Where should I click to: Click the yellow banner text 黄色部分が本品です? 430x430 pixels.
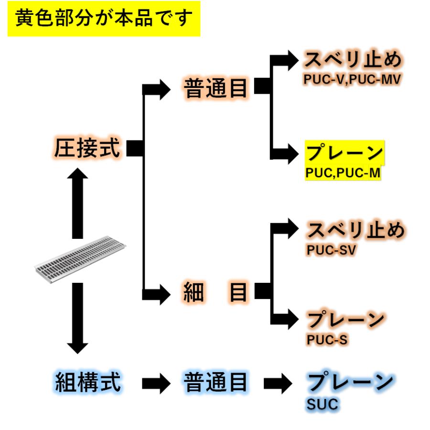coord(104,18)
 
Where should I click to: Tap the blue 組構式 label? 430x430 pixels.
coord(88,382)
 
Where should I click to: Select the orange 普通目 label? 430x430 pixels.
coord(215,88)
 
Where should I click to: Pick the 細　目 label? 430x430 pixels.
coord(215,292)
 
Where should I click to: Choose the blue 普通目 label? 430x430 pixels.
coord(215,382)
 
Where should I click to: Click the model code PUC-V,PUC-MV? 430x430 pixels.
coord(352,79)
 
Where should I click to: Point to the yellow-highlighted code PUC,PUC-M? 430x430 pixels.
coord(343,173)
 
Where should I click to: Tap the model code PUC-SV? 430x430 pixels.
coord(331,250)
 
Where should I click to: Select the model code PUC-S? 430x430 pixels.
coord(327,340)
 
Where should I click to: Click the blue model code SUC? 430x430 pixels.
coord(322,404)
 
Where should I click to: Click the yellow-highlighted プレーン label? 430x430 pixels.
coord(344,152)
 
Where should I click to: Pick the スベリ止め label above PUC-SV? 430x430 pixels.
coord(356,230)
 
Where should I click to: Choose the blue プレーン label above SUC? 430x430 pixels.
coord(350,381)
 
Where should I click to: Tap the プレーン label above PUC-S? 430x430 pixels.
coord(345,320)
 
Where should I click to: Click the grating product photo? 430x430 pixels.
coord(80,259)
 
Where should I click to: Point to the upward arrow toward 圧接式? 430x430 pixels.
coord(77,203)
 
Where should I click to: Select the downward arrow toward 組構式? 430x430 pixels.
coord(77,318)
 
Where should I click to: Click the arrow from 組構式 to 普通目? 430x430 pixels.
coord(156,383)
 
